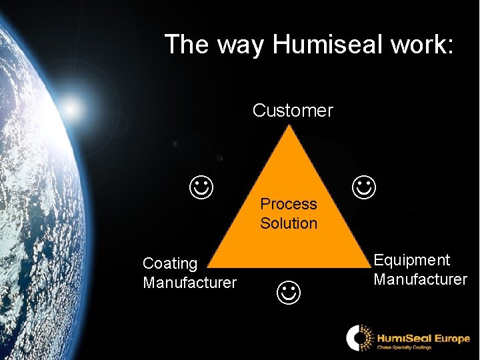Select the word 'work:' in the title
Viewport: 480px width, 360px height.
pyautogui.click(x=420, y=45)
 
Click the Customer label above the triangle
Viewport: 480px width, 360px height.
pyautogui.click(x=293, y=110)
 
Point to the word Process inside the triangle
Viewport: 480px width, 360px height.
pyautogui.click(x=289, y=204)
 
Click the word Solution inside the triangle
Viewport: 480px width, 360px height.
pyautogui.click(x=289, y=223)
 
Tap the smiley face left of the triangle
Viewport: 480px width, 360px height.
pyautogui.click(x=201, y=188)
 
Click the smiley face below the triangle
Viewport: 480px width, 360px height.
pyautogui.click(x=288, y=291)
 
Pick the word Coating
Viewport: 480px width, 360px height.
pyautogui.click(x=170, y=263)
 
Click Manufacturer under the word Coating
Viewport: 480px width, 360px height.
pyautogui.click(x=189, y=283)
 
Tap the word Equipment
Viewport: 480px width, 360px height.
pyautogui.click(x=412, y=260)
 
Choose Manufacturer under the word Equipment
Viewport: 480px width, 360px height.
pyautogui.click(x=420, y=279)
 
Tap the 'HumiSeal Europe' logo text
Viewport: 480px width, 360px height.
pyautogui.click(x=423, y=338)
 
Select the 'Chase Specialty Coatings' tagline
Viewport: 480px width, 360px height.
pyautogui.click(x=405, y=347)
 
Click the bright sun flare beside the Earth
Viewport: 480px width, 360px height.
pyautogui.click(x=72, y=105)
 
